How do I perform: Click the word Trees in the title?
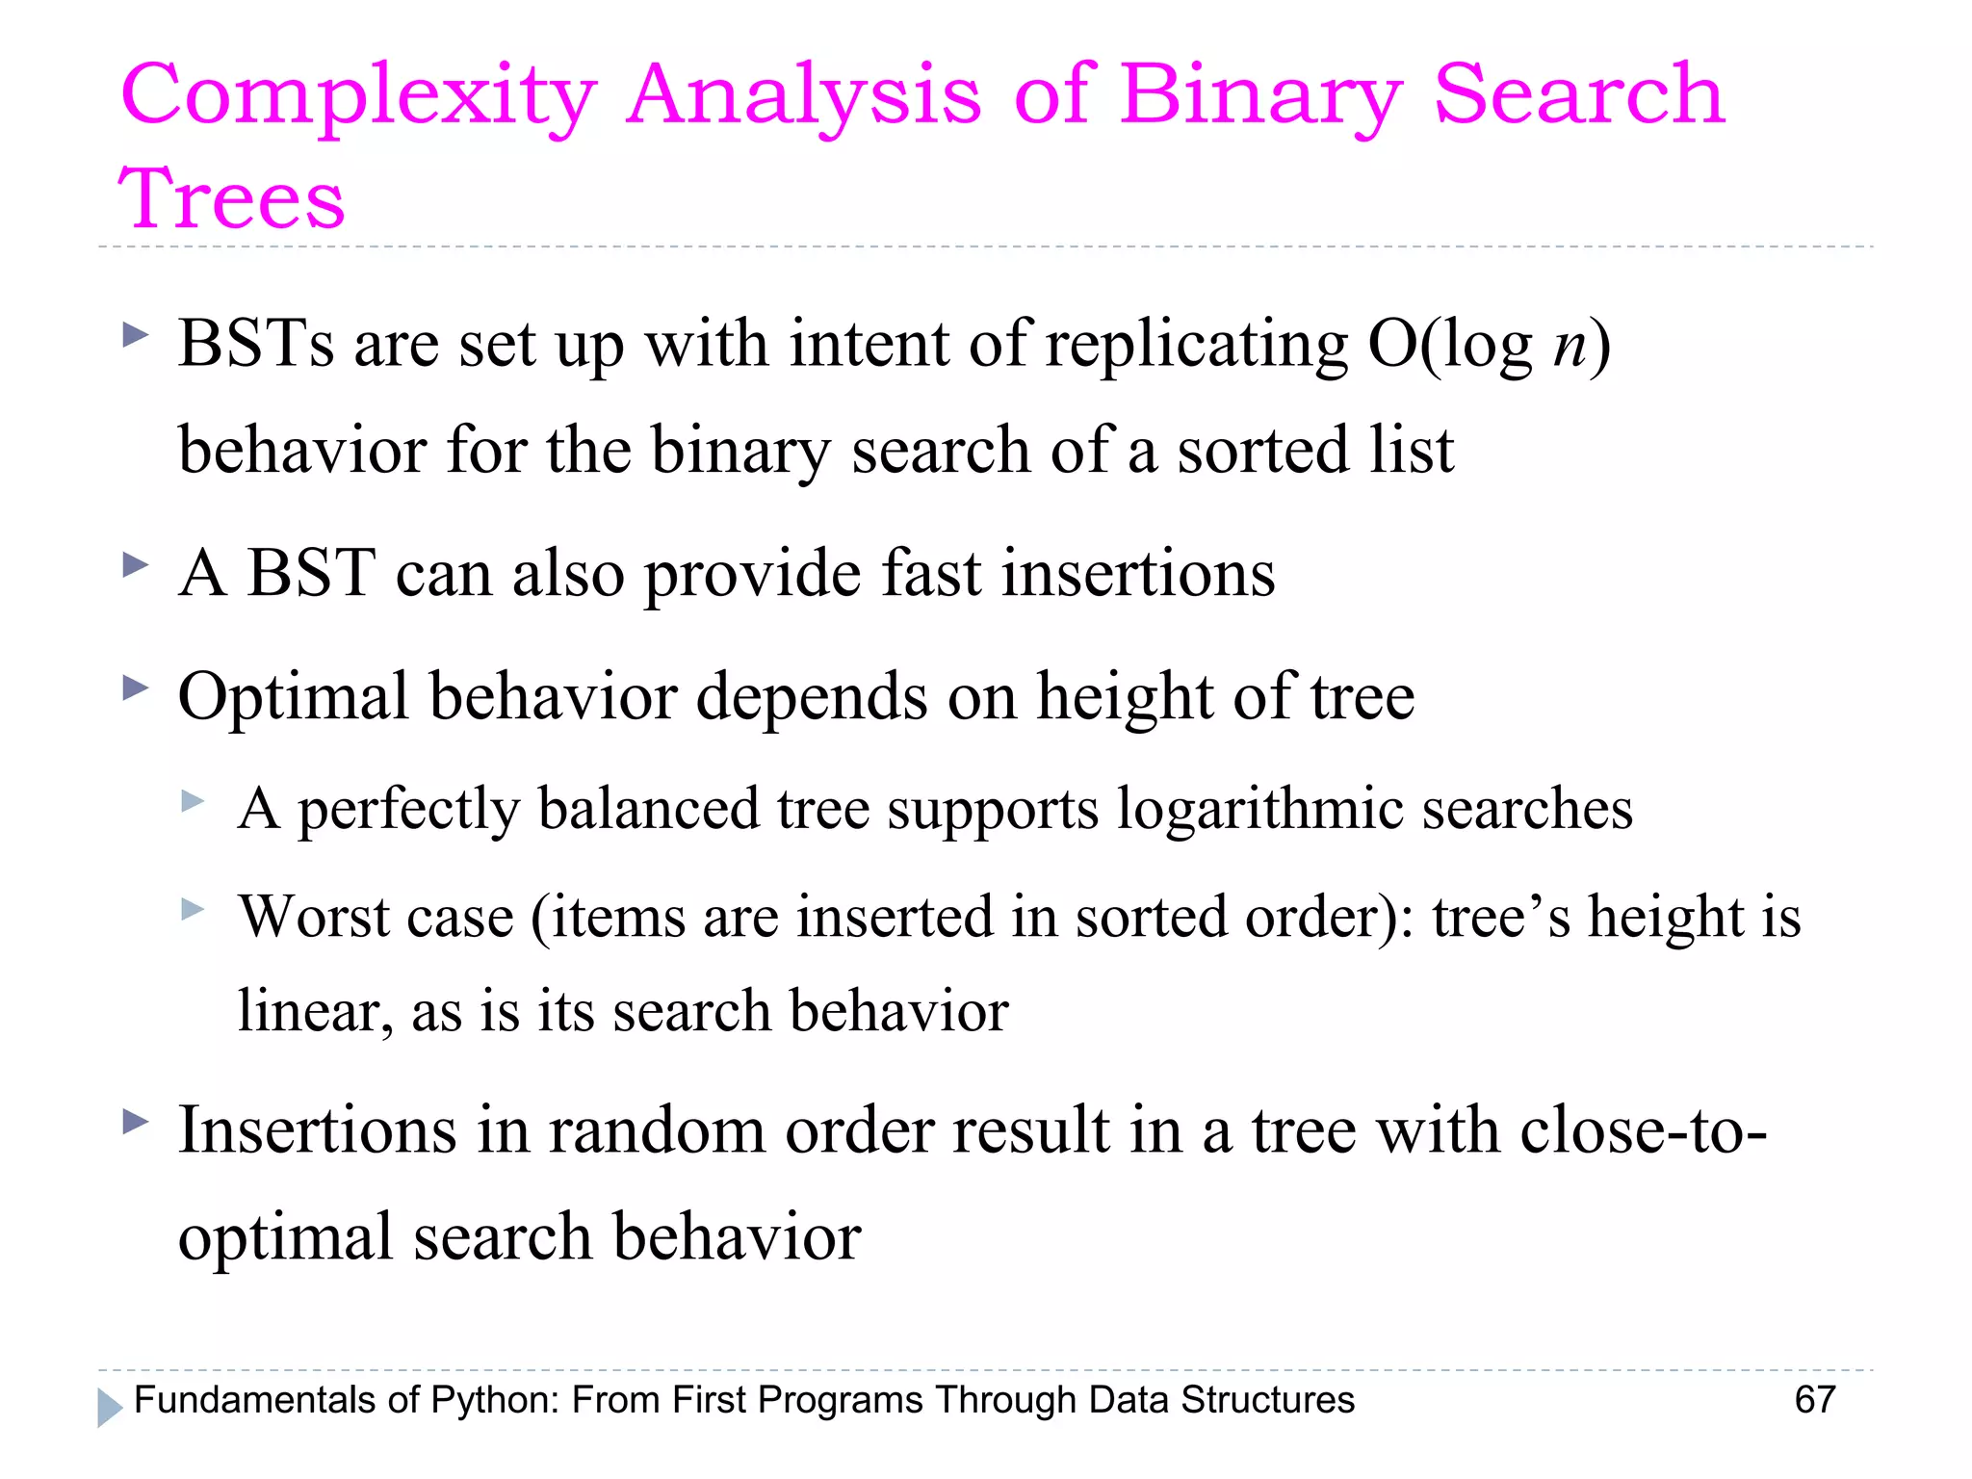[231, 198]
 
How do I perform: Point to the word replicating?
[1197, 345]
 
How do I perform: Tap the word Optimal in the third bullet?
[294, 697]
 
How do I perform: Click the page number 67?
[1815, 1400]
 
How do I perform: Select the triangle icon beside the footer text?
[110, 1408]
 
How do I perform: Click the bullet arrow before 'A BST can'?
[137, 565]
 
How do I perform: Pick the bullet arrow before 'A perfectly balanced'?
[194, 801]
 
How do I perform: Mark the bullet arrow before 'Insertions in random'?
[137, 1121]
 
